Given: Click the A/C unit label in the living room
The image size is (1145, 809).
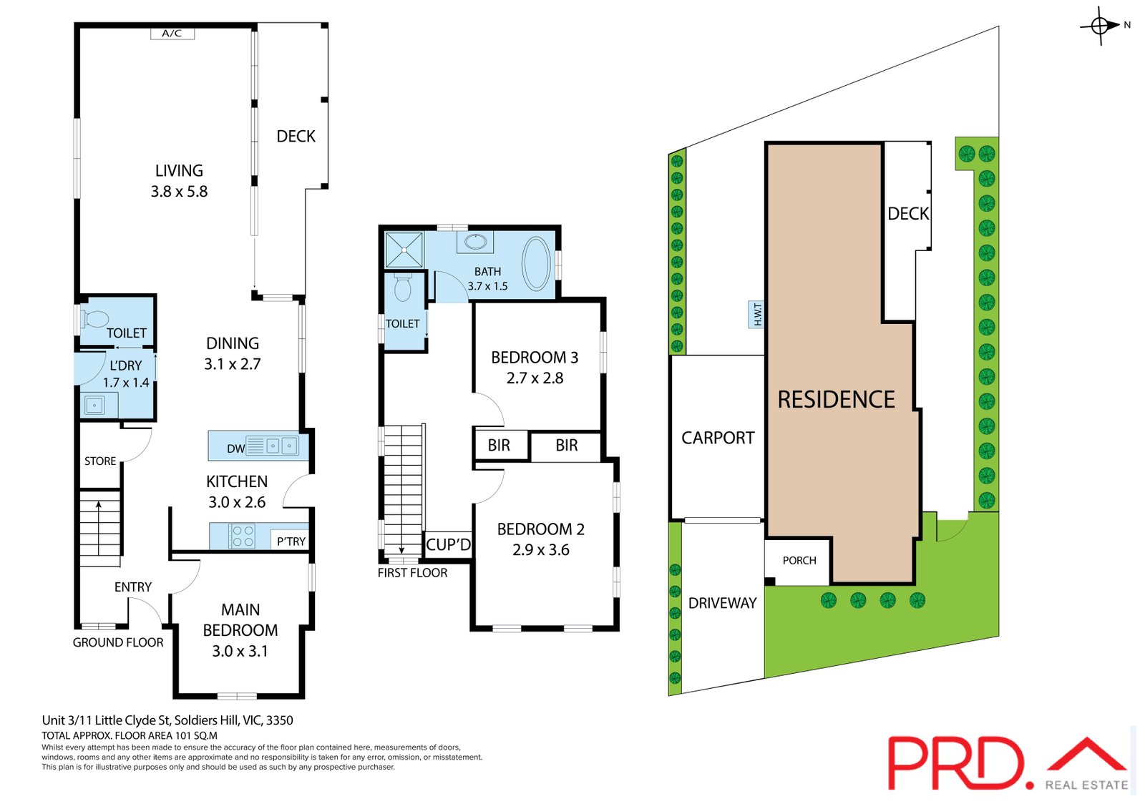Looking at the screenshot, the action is pyautogui.click(x=172, y=34).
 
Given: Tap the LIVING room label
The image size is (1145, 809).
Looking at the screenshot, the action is pyautogui.click(x=179, y=170).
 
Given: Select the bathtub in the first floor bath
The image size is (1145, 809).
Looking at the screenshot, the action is pyautogui.click(x=536, y=264).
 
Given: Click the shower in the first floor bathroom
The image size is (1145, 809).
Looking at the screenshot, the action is pyautogui.click(x=404, y=250).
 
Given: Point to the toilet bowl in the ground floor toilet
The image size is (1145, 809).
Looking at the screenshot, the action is pyautogui.click(x=96, y=319).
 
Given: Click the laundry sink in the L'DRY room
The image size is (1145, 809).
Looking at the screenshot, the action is pyautogui.click(x=94, y=406).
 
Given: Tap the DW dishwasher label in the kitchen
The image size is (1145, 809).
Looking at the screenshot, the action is pyautogui.click(x=235, y=448).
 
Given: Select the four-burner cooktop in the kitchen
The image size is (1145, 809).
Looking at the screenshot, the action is pyautogui.click(x=243, y=536).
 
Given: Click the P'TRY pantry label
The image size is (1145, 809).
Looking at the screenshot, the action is pyautogui.click(x=291, y=541).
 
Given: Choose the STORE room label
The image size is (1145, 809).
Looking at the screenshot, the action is pyautogui.click(x=100, y=461).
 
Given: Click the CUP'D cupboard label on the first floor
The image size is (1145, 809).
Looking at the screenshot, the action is pyautogui.click(x=448, y=545).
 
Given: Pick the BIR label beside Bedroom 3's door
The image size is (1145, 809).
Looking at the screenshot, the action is pyautogui.click(x=499, y=445).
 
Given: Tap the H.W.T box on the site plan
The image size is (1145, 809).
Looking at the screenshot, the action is pyautogui.click(x=756, y=315).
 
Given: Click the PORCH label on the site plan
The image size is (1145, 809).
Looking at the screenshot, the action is pyautogui.click(x=799, y=561).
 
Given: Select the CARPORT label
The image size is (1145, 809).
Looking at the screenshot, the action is pyautogui.click(x=718, y=438).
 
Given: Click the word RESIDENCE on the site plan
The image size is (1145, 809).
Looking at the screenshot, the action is pyautogui.click(x=837, y=399).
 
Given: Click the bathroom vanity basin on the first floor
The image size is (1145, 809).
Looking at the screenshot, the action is pyautogui.click(x=475, y=241).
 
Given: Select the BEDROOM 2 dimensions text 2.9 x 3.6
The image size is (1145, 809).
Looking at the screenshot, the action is pyautogui.click(x=541, y=550).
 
